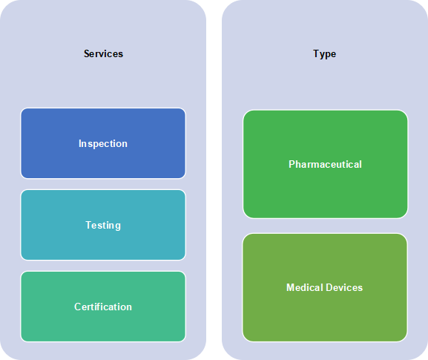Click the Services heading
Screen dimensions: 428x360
click(103, 53)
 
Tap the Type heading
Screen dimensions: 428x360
click(324, 54)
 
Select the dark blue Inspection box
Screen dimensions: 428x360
click(103, 143)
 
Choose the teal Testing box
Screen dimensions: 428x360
click(103, 225)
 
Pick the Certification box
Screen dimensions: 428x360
click(103, 307)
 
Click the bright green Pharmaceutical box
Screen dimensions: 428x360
click(326, 164)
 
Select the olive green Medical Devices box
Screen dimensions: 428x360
click(325, 287)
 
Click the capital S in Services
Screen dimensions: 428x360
click(87, 53)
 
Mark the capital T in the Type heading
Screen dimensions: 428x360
click(316, 53)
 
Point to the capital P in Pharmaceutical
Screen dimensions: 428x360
click(292, 164)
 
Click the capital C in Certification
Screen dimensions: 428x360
click(78, 307)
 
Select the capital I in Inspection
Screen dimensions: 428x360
click(79, 143)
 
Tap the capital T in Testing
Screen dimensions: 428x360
click(89, 225)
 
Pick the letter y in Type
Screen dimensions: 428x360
click(322, 55)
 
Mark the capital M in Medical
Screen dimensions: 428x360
click(291, 287)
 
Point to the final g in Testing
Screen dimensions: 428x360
click(118, 226)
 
